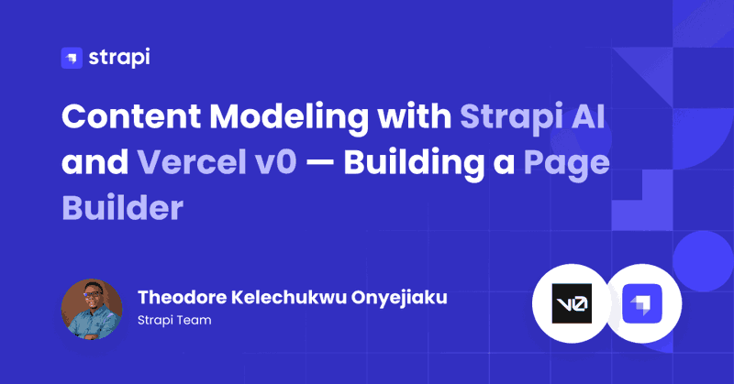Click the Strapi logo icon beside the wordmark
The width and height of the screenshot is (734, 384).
72,58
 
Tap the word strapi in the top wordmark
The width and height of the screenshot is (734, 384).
119,58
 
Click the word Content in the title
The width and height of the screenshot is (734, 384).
131,116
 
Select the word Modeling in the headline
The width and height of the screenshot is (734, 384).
289,118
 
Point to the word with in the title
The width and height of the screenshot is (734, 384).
415,115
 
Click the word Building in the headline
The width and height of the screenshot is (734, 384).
414,164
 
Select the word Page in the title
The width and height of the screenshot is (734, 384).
566,165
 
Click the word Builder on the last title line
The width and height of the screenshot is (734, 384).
123,208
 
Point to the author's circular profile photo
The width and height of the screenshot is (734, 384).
92,309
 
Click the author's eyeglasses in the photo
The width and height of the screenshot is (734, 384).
93,295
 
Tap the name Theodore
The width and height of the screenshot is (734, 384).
182,297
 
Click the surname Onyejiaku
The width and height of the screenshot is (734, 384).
399,298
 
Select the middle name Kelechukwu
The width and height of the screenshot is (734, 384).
289,297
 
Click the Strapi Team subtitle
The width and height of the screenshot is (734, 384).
174,321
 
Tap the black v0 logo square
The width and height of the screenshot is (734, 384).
572,303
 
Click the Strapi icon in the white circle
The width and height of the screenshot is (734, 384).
642,303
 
